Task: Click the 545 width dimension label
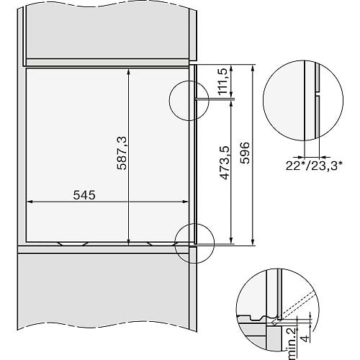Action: point(84,194)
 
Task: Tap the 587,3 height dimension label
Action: point(122,153)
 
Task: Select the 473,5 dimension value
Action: point(225,163)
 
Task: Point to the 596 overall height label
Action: point(245,153)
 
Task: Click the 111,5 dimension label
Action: point(222,81)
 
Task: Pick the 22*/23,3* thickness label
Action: point(314,166)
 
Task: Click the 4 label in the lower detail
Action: point(305,338)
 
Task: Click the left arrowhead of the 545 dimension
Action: point(30,202)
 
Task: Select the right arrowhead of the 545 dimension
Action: point(185,202)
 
